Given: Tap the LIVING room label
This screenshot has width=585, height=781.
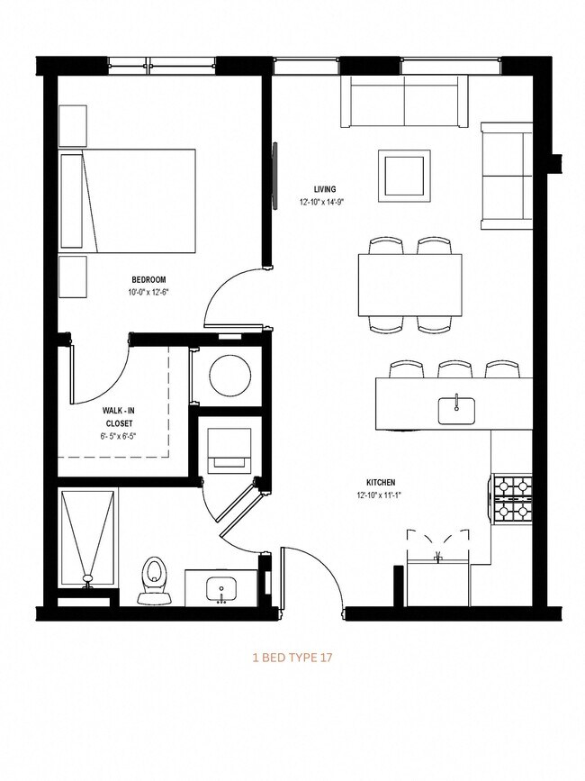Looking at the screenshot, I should pos(324,189).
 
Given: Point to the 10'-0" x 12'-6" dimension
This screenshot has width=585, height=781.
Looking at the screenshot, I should pos(148,292).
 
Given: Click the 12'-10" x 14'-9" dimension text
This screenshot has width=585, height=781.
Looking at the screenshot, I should pos(323,202).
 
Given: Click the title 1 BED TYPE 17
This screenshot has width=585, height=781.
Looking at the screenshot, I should pos(292,658).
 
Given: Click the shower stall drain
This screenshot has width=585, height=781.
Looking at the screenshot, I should pos(87,577).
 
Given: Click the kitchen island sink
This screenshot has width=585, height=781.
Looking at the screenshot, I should pos(456,409).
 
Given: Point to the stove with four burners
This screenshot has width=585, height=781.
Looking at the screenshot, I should pos(512,500).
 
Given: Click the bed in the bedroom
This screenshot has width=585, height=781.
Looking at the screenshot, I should pos(128,201).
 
